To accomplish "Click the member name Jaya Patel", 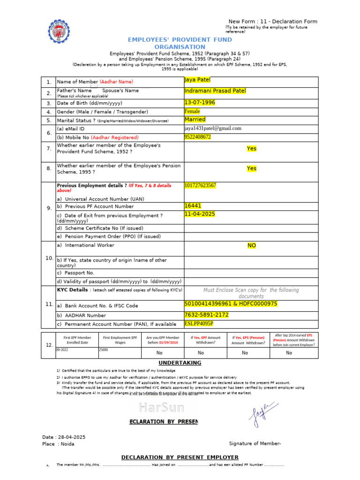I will pos(198,80).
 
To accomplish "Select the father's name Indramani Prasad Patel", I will pos(215,90).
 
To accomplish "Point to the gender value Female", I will pos(192,112).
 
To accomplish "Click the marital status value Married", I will pos(195,120).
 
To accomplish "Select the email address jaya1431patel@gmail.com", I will pos(213,128).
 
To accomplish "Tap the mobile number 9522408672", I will pos(198,137).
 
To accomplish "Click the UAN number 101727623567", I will pos(201,185).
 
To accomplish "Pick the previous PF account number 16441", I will pos(193,205).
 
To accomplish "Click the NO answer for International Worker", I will pos(252,246).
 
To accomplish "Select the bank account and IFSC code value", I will pos(231,304).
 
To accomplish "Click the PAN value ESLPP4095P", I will pos(199,323).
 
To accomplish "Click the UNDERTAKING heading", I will pos(180,363).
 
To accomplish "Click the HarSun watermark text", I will pos(161,407).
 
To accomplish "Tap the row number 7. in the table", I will pos(48,149).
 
